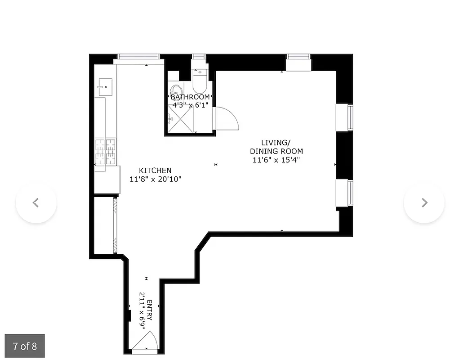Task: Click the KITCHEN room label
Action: [x=155, y=171]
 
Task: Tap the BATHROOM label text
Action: [x=190, y=97]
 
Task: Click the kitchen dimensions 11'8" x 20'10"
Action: [x=155, y=179]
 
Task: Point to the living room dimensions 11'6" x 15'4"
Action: [x=276, y=159]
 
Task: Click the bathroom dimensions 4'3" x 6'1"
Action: [x=189, y=104]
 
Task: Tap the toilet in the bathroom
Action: [x=199, y=81]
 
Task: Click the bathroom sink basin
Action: [x=176, y=90]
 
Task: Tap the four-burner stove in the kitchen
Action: [x=105, y=152]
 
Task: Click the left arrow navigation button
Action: [x=36, y=202]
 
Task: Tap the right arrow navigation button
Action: [x=424, y=202]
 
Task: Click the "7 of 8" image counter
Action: [x=25, y=346]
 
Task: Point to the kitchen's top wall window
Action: [x=138, y=57]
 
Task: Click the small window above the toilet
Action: [x=199, y=57]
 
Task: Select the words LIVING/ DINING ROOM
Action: [x=276, y=147]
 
